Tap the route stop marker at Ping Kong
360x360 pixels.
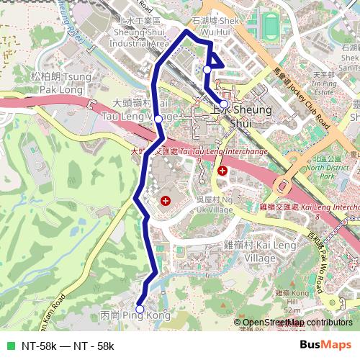point(140,310)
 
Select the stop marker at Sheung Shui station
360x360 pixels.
point(224,104)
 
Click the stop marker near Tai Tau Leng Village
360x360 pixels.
point(158,120)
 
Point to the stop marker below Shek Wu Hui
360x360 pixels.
point(207,69)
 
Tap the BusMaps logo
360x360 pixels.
point(326,345)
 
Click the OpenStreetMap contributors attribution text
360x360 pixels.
point(293,323)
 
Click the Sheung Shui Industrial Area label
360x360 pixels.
point(139,37)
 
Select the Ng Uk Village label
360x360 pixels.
point(215,204)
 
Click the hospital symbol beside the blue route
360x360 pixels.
point(166,201)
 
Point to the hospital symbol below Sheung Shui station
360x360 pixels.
point(222,171)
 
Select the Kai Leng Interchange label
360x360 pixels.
point(310,207)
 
